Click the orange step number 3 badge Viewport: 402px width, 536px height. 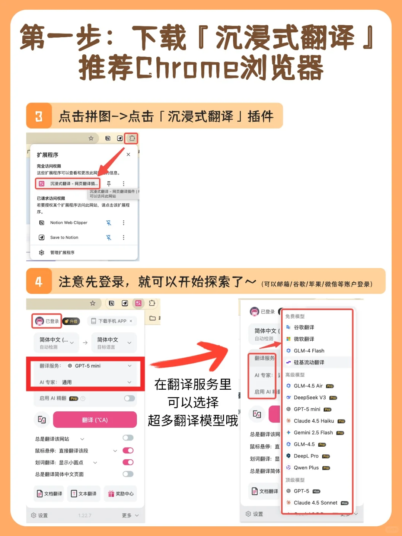(x=39, y=116)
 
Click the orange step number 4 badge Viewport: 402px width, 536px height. (x=39, y=281)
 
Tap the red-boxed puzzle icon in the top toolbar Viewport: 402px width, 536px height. (x=132, y=138)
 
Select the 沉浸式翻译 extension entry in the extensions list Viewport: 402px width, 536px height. (x=68, y=184)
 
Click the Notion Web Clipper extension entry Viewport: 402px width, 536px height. (x=68, y=223)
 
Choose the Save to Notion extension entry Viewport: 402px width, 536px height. (x=64, y=237)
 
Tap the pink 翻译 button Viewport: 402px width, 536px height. (x=95, y=420)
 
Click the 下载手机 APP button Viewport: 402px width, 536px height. (x=112, y=321)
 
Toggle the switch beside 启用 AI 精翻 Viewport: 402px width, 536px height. (x=129, y=398)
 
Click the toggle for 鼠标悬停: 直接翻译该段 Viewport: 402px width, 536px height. (x=128, y=450)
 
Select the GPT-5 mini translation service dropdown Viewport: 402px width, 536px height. (x=99, y=366)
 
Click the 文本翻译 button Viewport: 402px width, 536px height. (x=84, y=494)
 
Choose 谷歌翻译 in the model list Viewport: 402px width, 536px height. (x=304, y=327)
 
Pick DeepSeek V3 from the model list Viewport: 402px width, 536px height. (x=310, y=398)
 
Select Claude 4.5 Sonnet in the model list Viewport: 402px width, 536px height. (x=315, y=502)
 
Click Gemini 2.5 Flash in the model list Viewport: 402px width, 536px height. (x=313, y=433)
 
